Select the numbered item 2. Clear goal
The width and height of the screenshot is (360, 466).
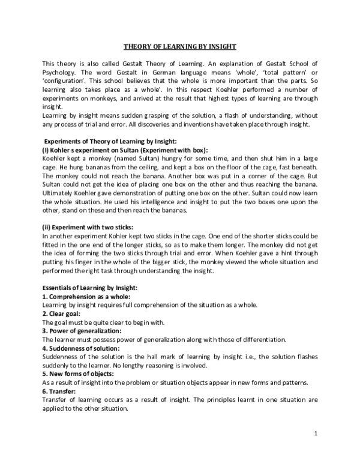[x=62, y=314]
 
